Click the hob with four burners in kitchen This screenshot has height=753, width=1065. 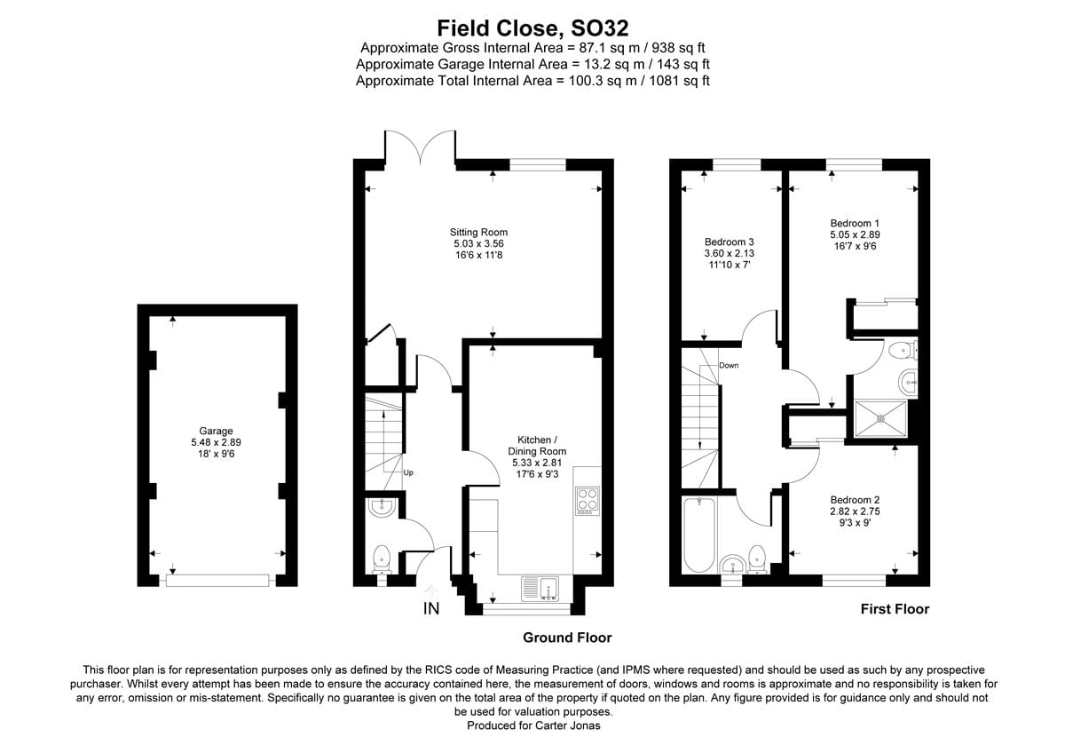(x=588, y=501)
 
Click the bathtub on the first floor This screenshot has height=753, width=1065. (x=699, y=535)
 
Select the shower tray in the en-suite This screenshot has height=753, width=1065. (x=880, y=419)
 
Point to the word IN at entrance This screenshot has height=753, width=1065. (x=431, y=609)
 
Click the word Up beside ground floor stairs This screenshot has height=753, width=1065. (x=408, y=473)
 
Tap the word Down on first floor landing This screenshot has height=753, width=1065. (x=729, y=366)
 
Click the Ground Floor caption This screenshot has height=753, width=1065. (x=567, y=638)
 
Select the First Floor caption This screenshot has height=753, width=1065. (x=895, y=609)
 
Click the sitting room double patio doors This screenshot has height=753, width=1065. (x=421, y=147)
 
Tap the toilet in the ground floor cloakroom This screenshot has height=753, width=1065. (x=382, y=558)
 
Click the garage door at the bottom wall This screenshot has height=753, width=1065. (x=217, y=581)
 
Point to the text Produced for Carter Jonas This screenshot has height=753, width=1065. (x=532, y=725)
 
